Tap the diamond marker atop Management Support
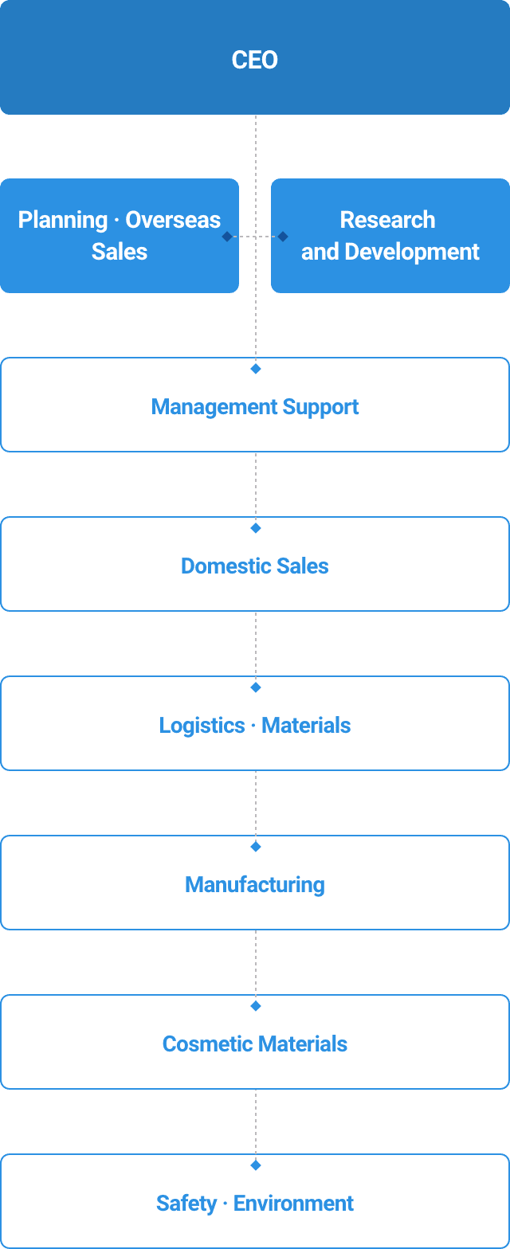tap(256, 369)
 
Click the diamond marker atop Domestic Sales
tap(256, 528)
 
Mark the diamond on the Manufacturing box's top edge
tap(256, 847)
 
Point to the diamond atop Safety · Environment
tap(256, 1165)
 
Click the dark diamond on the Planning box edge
tap(227, 237)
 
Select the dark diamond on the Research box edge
tap(283, 237)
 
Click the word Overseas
tap(173, 220)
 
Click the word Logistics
tap(202, 726)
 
